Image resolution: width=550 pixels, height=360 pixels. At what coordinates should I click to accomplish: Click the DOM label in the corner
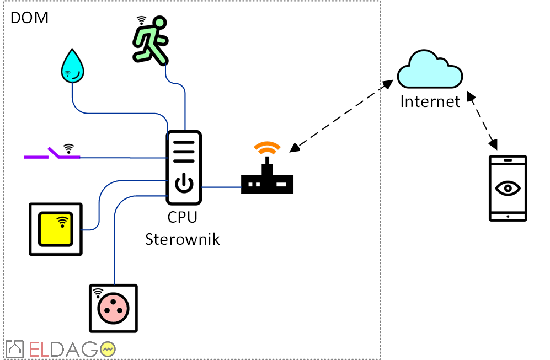coord(29,18)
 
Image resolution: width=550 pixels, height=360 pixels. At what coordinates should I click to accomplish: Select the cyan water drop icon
coord(73,66)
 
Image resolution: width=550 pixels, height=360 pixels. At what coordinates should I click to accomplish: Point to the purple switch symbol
coord(52,155)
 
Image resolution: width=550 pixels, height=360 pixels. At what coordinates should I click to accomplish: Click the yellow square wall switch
coord(56,229)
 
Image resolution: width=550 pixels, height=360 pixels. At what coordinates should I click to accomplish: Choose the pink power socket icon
coord(114,308)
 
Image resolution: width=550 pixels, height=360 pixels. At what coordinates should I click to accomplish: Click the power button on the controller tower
coord(184,184)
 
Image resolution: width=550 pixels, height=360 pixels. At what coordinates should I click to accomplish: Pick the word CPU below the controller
coord(182,217)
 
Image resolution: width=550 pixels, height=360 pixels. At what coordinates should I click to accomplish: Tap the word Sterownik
coord(182,239)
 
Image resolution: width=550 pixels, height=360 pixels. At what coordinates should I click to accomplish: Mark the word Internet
coord(430,101)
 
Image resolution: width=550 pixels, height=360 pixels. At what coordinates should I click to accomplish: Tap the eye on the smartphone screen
coord(508,188)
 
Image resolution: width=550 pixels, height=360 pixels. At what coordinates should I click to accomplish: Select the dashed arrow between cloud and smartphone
coord(483,122)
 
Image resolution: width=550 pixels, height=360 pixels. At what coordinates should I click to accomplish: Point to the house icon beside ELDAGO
coord(14,349)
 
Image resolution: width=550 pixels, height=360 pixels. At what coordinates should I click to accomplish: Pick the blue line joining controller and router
coord(221,187)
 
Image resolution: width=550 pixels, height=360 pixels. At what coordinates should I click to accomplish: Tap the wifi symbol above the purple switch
coord(68,148)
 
